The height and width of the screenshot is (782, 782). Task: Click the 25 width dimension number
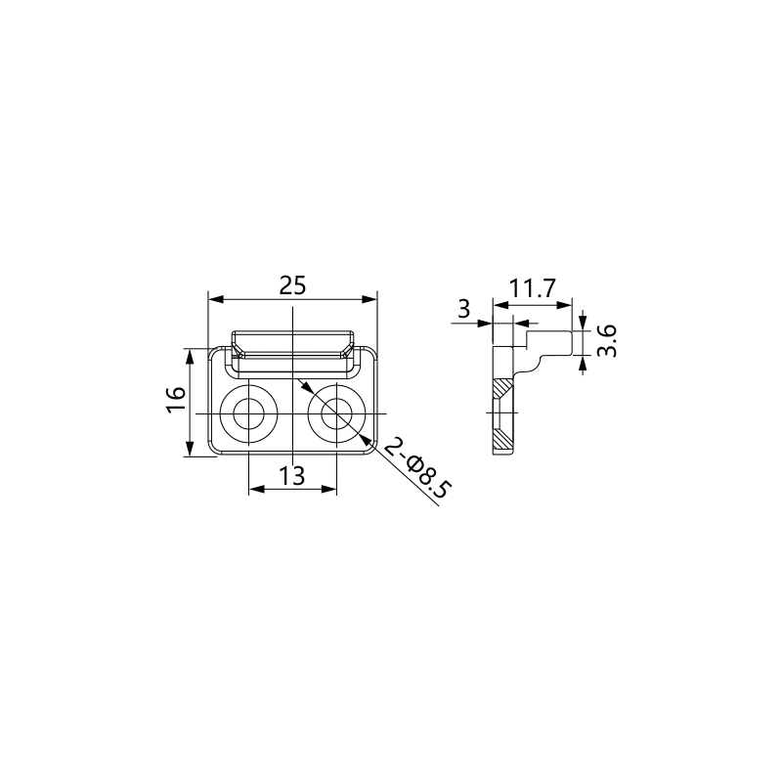(x=292, y=285)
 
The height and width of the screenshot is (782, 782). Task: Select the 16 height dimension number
(x=177, y=399)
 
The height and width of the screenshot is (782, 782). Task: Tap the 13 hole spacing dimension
(x=291, y=476)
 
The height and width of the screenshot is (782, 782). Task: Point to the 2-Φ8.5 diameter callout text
(x=418, y=467)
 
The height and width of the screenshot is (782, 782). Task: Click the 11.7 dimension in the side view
(x=532, y=288)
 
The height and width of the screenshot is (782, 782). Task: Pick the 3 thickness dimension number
(x=463, y=309)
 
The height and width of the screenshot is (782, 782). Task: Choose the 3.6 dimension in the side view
(x=607, y=340)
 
